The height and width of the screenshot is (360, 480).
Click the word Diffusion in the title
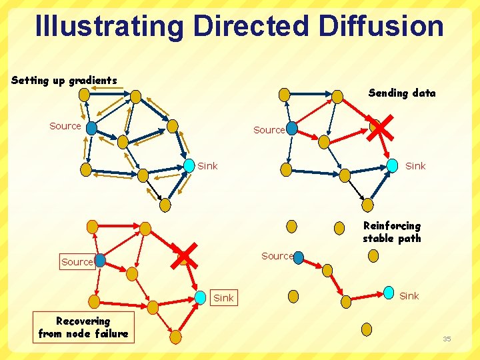[381, 26]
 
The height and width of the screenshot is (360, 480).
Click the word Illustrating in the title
[109, 26]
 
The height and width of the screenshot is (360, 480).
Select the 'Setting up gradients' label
[64, 81]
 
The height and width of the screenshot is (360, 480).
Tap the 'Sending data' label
[401, 93]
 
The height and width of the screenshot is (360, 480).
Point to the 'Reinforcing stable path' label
[391, 232]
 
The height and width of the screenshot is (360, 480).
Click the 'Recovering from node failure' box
[83, 327]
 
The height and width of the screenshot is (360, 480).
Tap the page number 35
[447, 339]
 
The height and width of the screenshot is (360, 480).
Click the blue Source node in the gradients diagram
[91, 127]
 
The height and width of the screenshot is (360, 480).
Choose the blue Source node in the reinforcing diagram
[298, 257]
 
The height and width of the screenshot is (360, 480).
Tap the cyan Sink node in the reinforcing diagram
[388, 293]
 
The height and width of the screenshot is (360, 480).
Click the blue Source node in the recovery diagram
[100, 261]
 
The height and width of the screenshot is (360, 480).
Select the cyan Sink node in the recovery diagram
[201, 297]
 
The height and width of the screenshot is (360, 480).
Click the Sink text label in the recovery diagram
[223, 298]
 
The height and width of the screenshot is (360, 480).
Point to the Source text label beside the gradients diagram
[65, 126]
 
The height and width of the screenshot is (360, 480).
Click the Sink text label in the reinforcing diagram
[409, 296]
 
